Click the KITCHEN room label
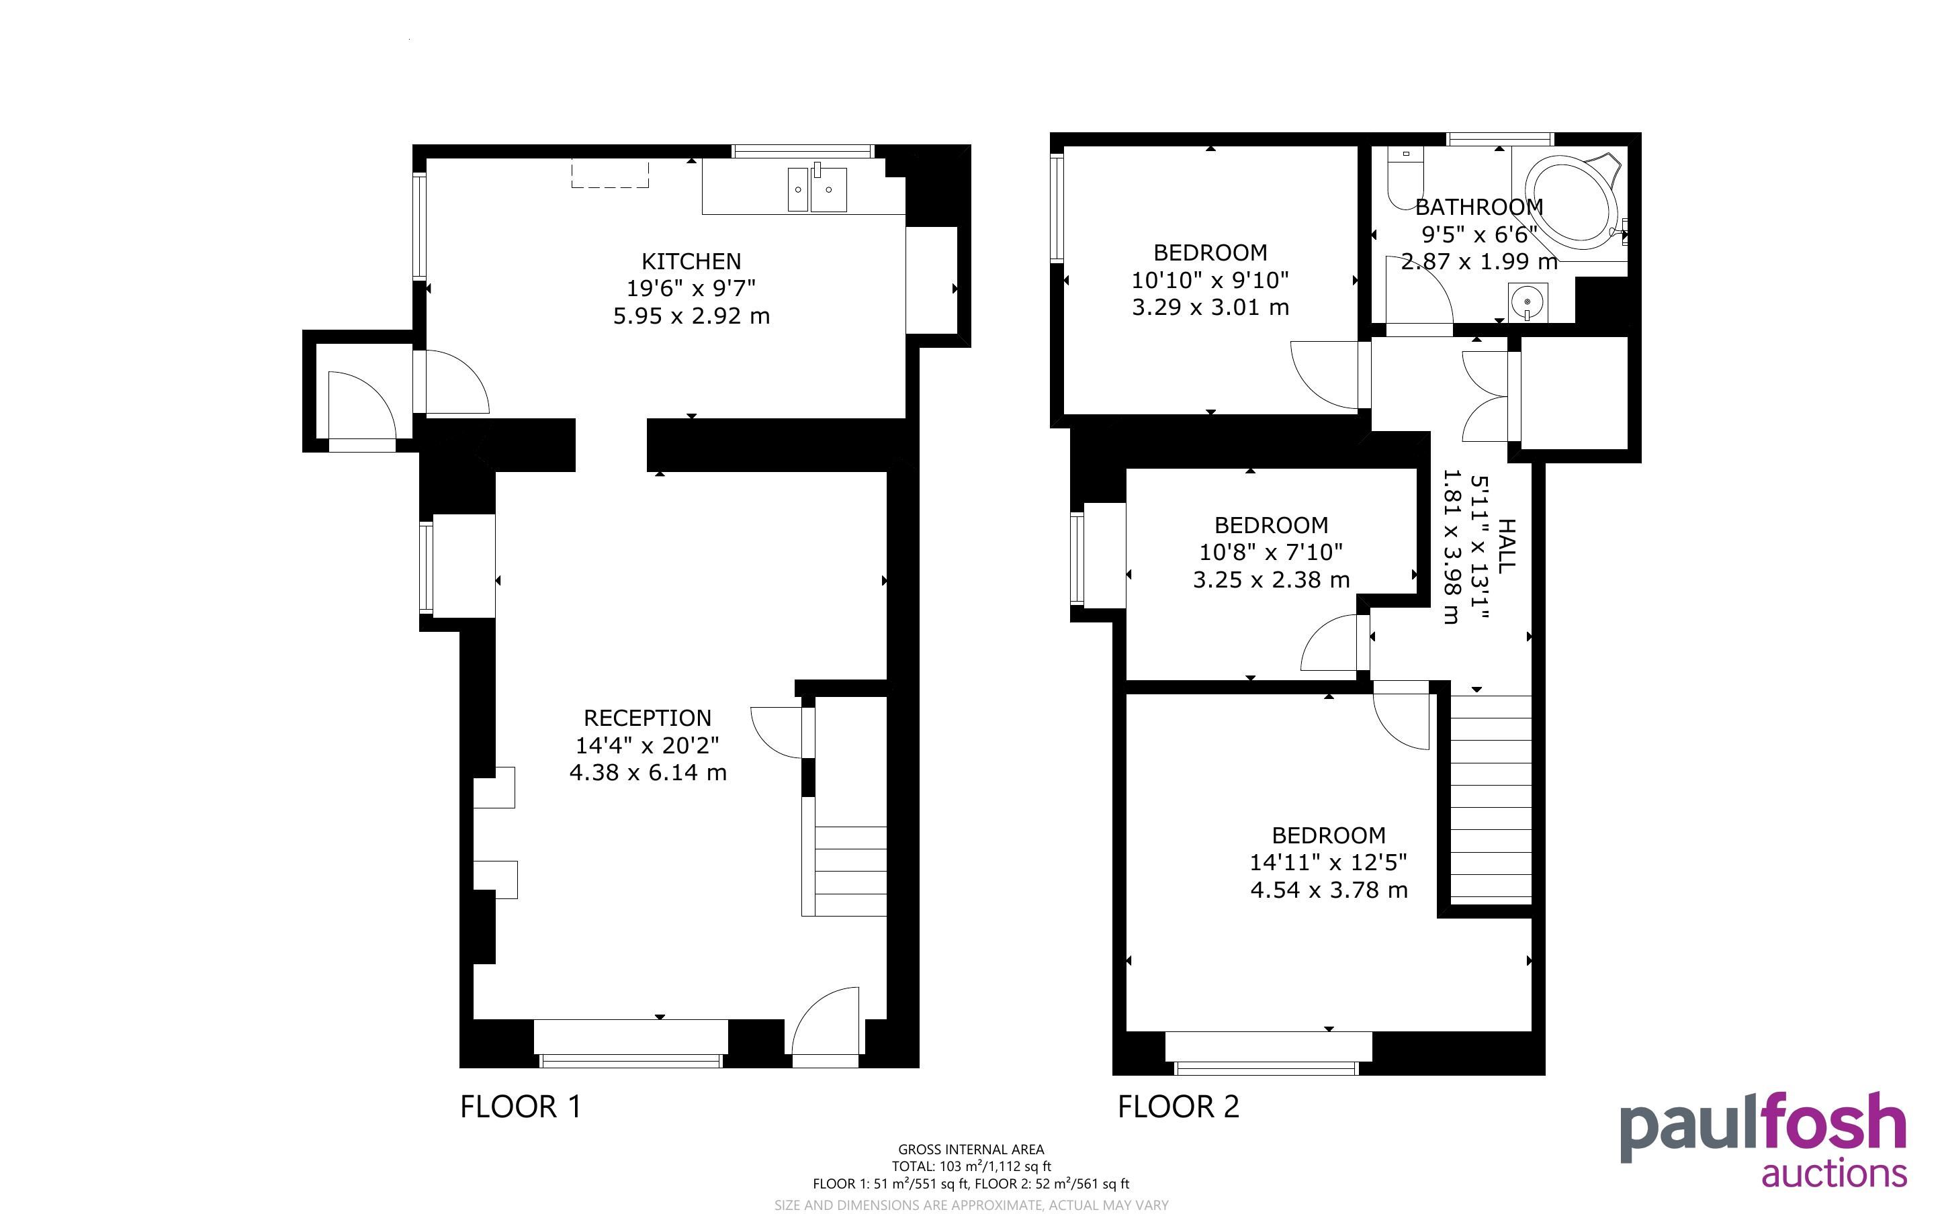point(691,261)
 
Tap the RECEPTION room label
point(647,718)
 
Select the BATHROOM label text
point(1479,207)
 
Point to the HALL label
point(1507,546)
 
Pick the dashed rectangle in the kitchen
point(609,173)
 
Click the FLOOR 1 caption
point(521,1107)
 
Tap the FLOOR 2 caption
point(1179,1107)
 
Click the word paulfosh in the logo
point(1763,1125)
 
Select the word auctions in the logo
point(1834,1173)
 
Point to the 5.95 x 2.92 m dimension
point(691,316)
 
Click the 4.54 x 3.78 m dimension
point(1329,890)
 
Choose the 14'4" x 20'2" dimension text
point(647,745)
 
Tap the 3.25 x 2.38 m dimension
point(1271,579)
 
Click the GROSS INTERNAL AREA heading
point(971,1150)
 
